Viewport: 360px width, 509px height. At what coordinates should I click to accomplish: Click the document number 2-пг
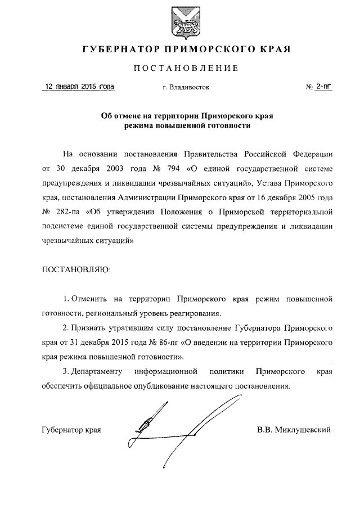pyautogui.click(x=323, y=87)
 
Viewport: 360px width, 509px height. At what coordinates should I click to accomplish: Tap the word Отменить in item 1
pyautogui.click(x=90, y=298)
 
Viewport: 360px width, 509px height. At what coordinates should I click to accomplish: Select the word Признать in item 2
pyautogui.click(x=91, y=327)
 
